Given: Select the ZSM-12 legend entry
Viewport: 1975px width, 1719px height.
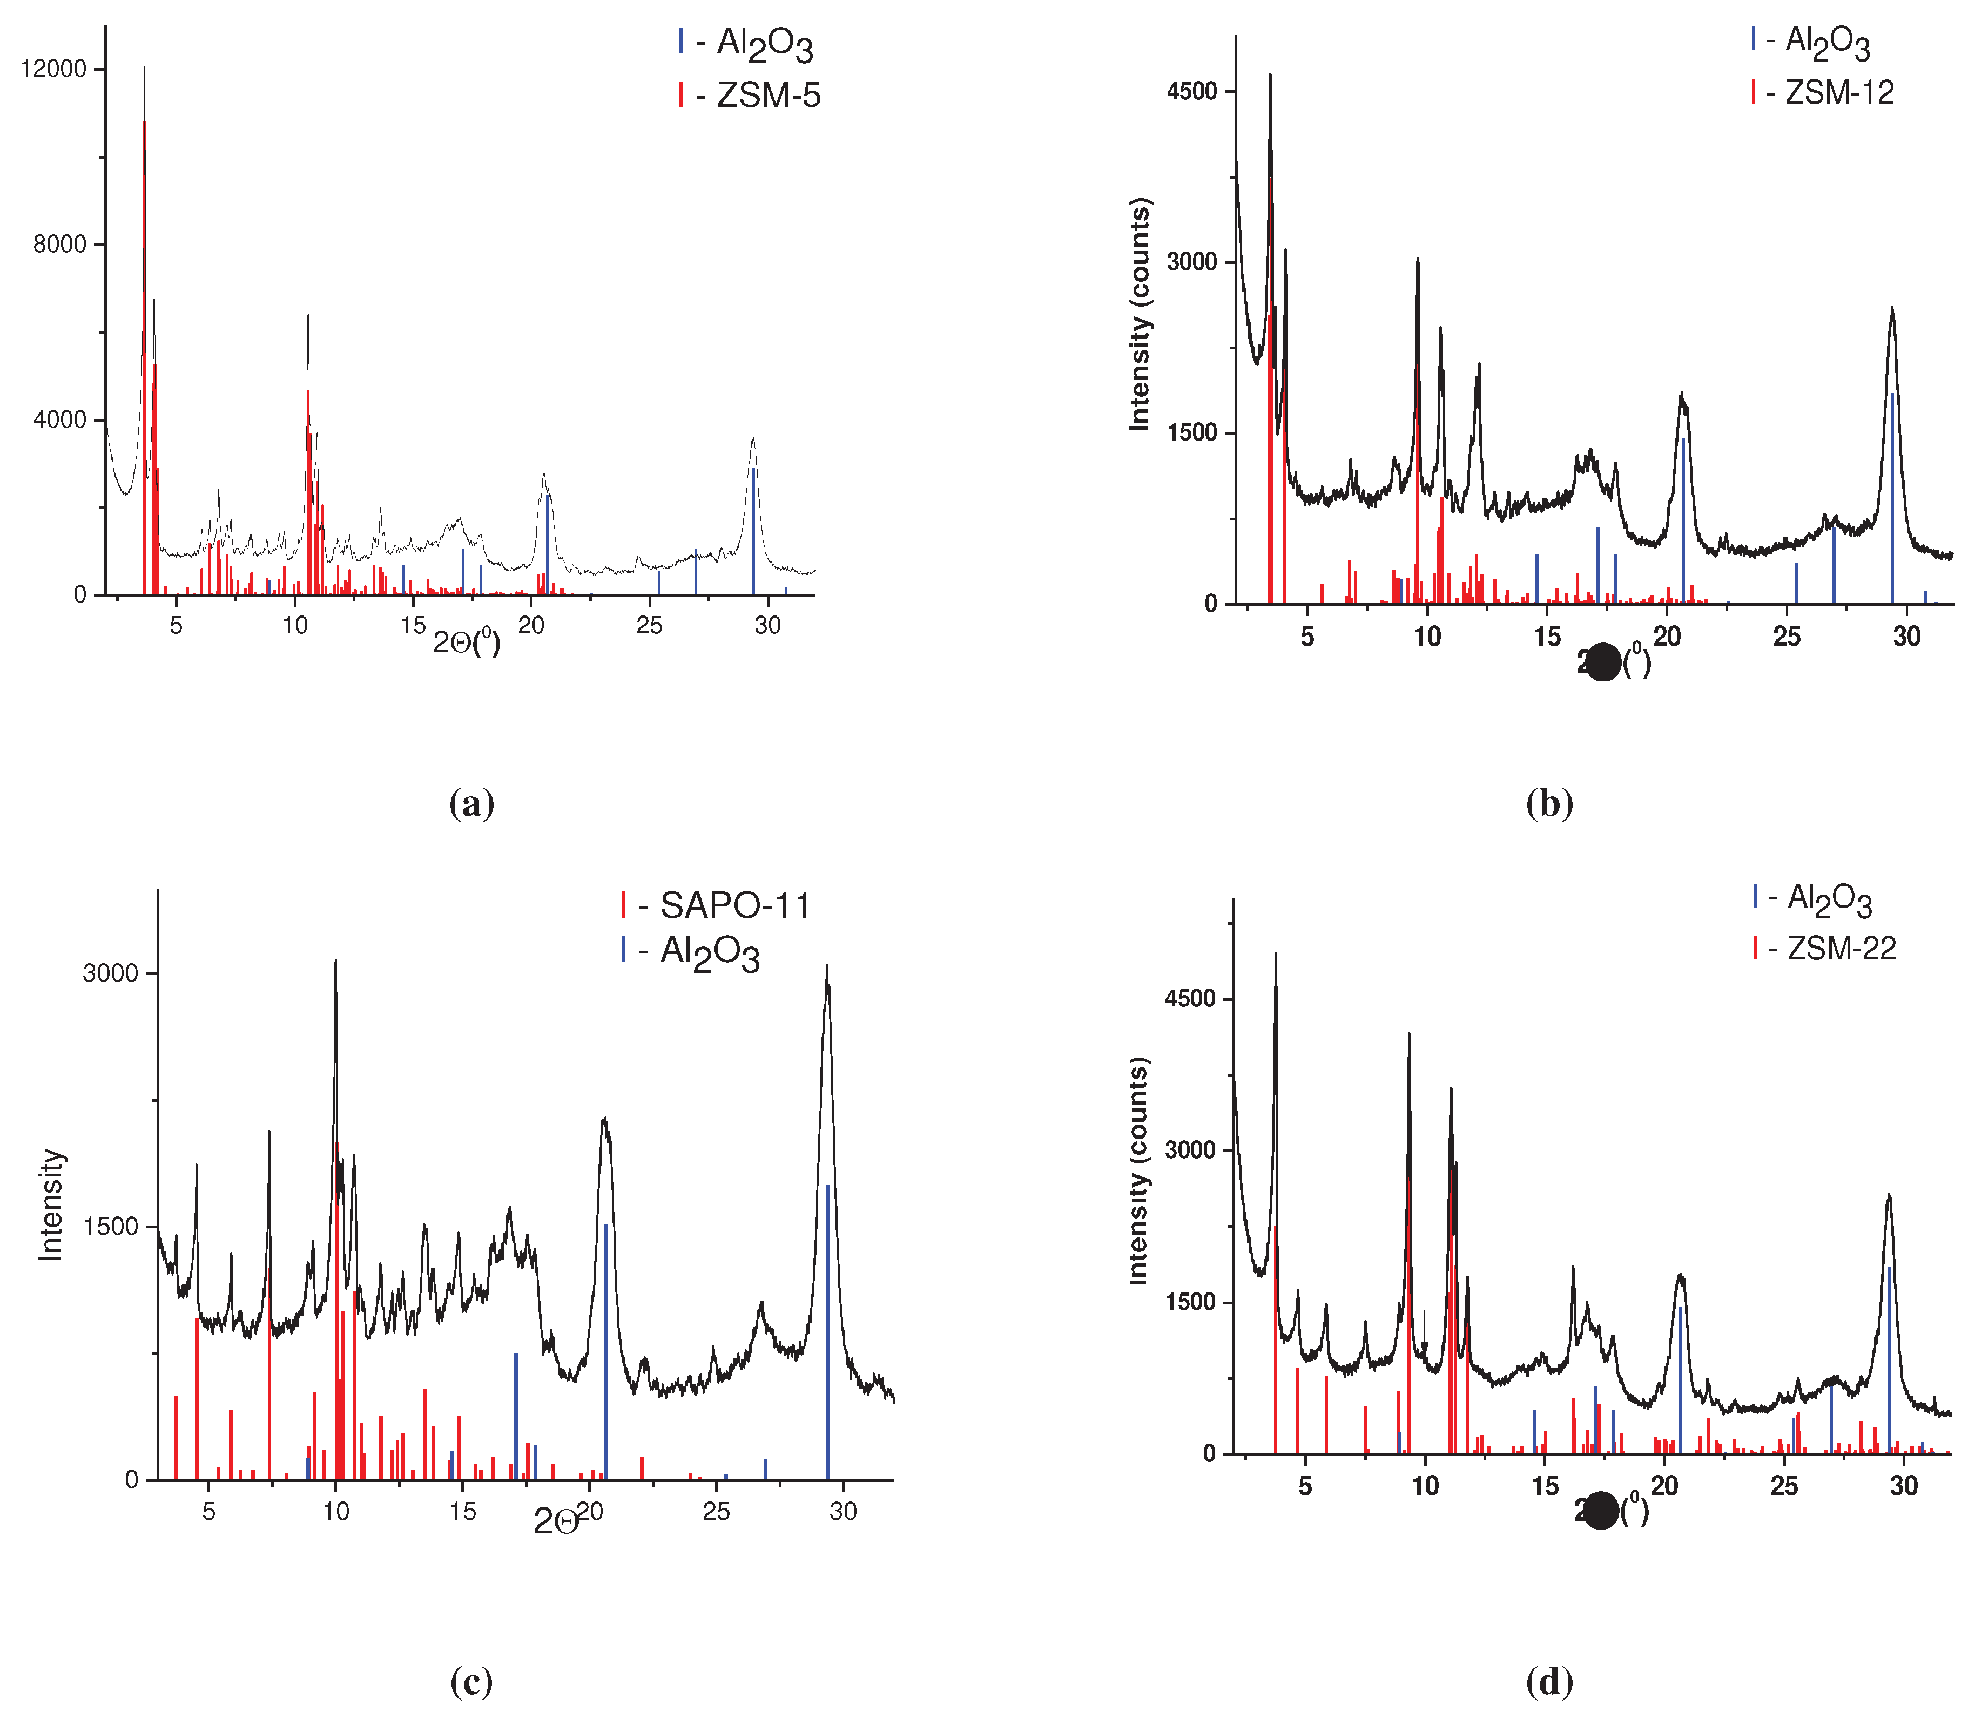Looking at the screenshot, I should click(1823, 92).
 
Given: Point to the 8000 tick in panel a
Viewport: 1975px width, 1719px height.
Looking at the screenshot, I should click(59, 243).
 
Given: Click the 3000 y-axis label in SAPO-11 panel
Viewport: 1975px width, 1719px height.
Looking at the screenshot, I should click(110, 973).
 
